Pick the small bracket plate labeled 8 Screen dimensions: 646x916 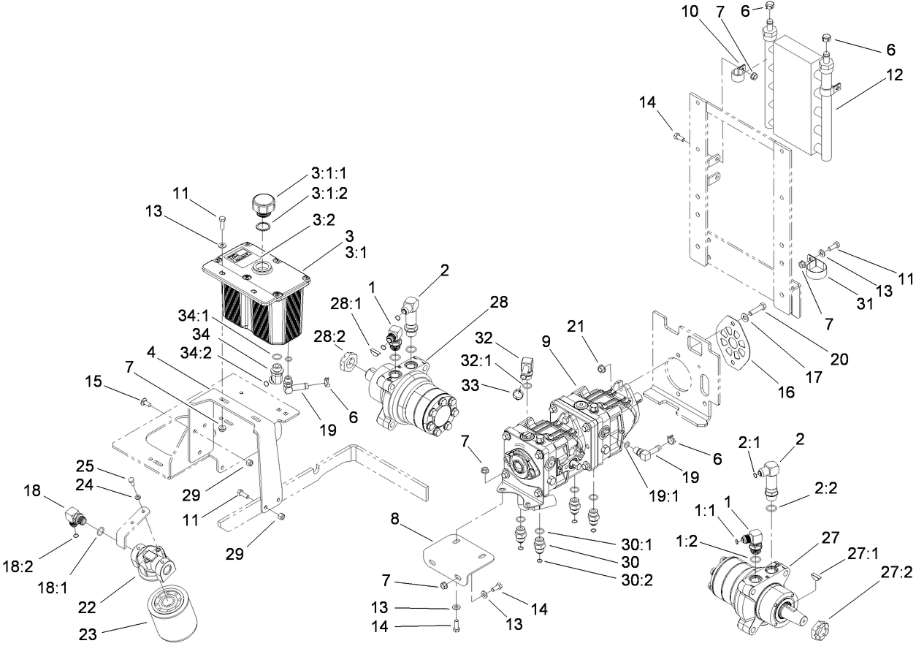pyautogui.click(x=457, y=559)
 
